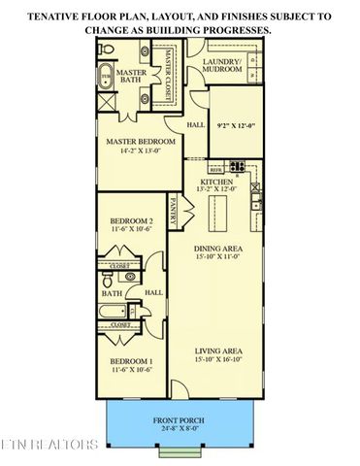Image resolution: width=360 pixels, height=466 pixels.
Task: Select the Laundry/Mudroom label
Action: (x=221, y=65)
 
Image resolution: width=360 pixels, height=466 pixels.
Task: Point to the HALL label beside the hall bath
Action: (x=153, y=292)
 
